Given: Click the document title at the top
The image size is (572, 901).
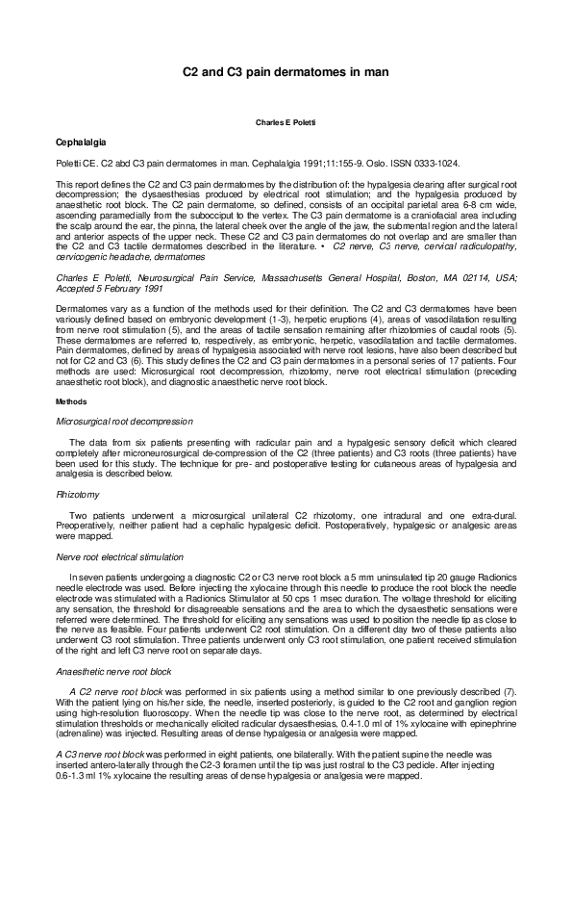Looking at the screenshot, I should tap(286, 71).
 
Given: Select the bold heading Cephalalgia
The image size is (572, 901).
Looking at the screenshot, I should tap(82, 142).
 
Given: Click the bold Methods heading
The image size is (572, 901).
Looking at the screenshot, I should tap(71, 400).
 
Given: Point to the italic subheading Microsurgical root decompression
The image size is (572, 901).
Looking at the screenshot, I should tap(124, 421).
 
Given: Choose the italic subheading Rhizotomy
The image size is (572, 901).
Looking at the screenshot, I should tap(78, 494).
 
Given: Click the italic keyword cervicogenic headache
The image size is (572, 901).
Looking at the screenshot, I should tap(96, 258).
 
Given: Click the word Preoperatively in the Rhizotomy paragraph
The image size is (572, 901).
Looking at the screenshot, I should tap(85, 525).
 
